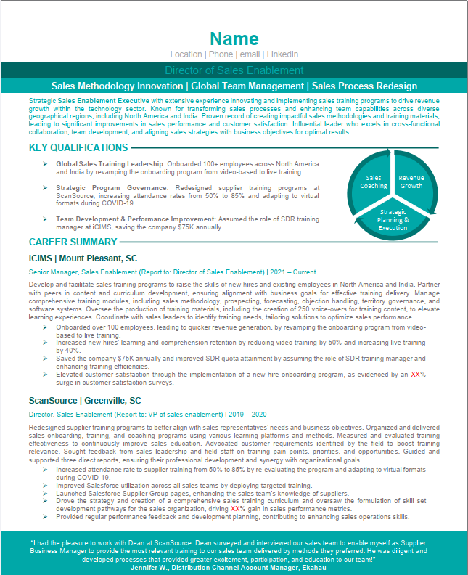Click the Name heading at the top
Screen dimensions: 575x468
(x=234, y=38)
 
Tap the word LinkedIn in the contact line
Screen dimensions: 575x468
(x=282, y=54)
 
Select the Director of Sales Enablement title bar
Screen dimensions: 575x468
(x=234, y=70)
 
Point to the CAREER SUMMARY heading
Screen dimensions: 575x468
(x=73, y=242)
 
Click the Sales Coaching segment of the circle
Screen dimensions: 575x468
(x=374, y=182)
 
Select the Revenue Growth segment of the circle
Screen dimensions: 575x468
(x=411, y=182)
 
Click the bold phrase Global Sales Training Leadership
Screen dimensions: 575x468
(x=111, y=164)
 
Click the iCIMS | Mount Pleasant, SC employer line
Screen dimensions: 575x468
(x=83, y=258)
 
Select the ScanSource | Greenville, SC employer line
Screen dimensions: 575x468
(x=85, y=401)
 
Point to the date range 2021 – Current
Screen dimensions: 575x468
(x=294, y=272)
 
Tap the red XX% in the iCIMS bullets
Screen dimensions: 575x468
(x=417, y=375)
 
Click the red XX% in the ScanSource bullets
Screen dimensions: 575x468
(x=237, y=510)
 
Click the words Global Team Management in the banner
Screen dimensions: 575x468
(x=247, y=86)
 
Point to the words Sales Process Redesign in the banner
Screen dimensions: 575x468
(x=365, y=86)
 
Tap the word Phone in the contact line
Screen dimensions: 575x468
(x=221, y=54)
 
